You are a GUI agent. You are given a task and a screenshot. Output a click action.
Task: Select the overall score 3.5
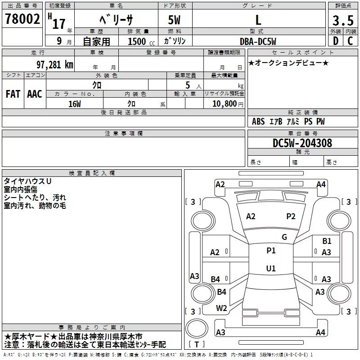tap(342, 20)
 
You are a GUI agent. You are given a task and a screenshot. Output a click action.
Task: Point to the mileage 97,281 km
tap(55, 64)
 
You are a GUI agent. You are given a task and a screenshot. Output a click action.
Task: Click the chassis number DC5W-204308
tap(302, 143)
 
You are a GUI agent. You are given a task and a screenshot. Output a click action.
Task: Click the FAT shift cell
tap(13, 94)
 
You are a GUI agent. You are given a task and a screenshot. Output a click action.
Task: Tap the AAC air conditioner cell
tap(35, 94)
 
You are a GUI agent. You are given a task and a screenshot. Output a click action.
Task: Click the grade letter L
tap(258, 20)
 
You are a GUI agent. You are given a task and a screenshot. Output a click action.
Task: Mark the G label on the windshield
tap(284, 237)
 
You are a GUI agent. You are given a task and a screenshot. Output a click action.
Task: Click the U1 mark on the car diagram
tap(270, 269)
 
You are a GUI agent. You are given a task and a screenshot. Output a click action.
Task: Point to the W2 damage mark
tap(221, 308)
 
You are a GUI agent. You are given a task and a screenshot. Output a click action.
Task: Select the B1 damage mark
tap(327, 241)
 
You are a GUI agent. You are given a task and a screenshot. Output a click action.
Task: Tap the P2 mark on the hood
tap(291, 216)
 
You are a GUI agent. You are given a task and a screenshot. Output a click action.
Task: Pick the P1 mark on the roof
tap(271, 251)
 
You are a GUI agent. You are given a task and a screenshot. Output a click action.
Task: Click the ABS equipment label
tap(258, 121)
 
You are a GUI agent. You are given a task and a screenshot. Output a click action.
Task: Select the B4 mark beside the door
tap(216, 279)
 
